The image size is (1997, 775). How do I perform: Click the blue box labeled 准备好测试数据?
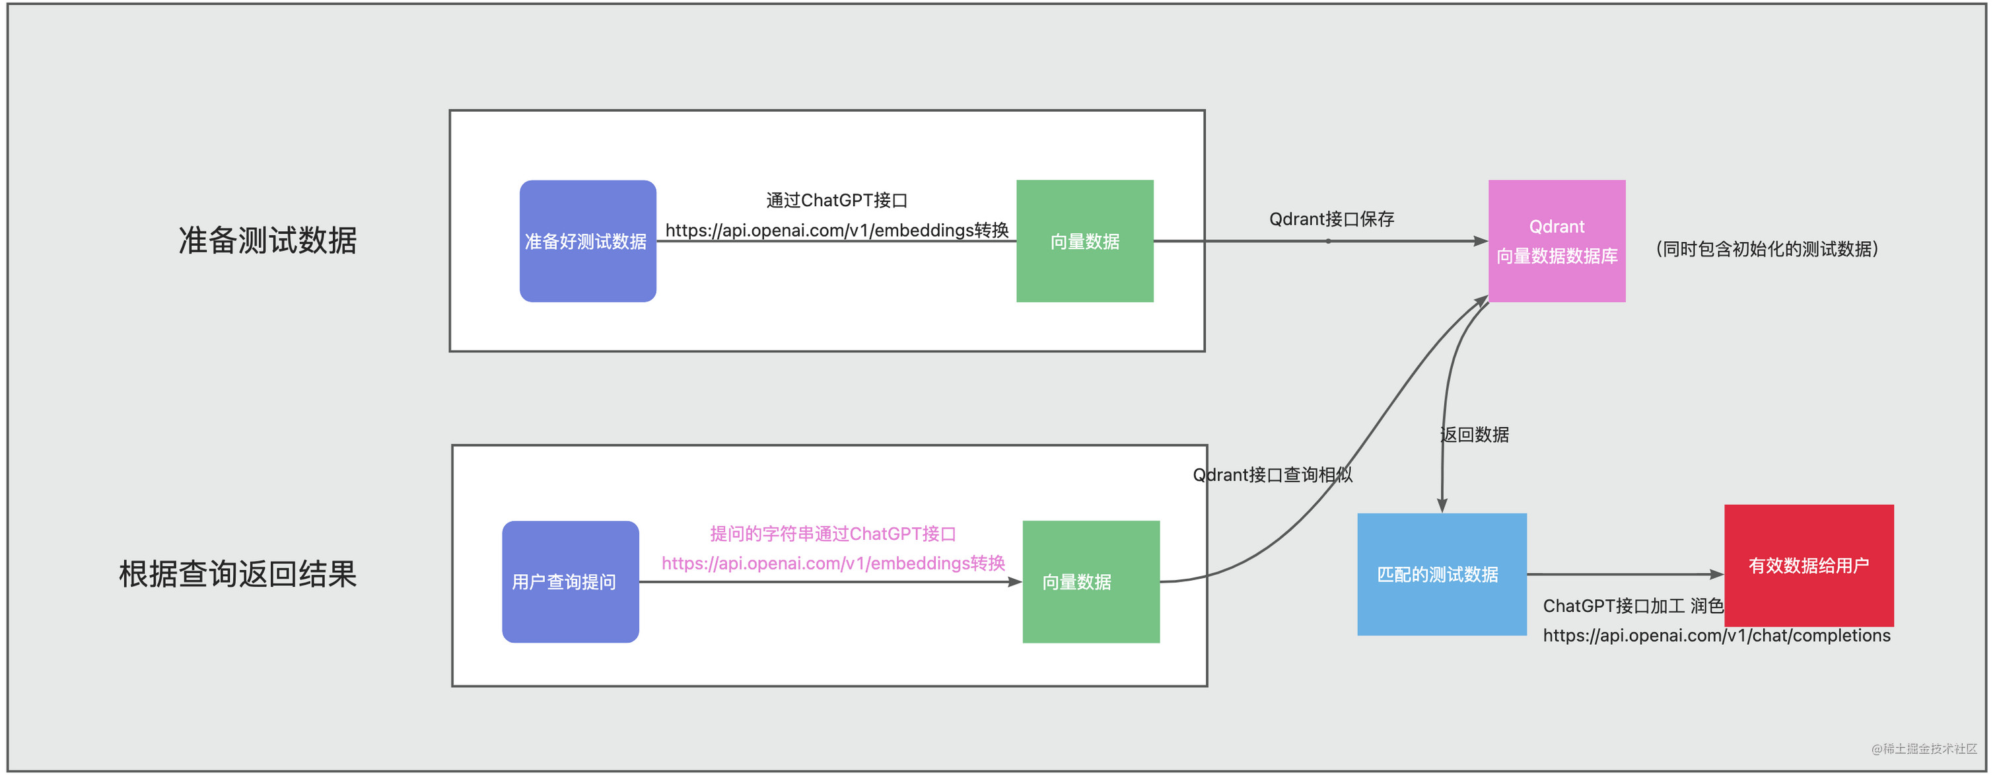coord(588,241)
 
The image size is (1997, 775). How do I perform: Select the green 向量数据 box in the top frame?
coord(1084,241)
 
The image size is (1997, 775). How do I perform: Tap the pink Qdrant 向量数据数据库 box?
coord(1557,241)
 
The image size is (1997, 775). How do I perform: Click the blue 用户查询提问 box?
coord(570,582)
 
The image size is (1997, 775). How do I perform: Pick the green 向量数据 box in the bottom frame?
coord(1091,582)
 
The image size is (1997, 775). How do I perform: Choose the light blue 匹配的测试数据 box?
coord(1441,574)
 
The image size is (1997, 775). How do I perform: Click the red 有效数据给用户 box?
coord(1809,566)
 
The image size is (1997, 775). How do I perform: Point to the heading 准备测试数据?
coord(267,240)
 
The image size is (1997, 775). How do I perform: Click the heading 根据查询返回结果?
coord(237,574)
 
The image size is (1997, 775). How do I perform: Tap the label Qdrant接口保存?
coord(1331,219)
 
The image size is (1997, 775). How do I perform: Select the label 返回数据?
coord(1475,435)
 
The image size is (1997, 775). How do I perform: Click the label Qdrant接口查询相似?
coord(1272,475)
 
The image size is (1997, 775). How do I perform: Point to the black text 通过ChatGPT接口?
coord(837,200)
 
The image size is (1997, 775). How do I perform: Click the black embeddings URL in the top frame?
coord(837,231)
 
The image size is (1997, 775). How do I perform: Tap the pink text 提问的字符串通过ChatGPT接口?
coord(833,534)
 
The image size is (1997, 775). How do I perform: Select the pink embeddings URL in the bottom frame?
coord(833,563)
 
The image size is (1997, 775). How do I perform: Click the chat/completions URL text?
coord(1716,636)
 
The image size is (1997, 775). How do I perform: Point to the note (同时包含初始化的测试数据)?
coord(1767,249)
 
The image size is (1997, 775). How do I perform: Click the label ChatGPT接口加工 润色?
coord(1632,606)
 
